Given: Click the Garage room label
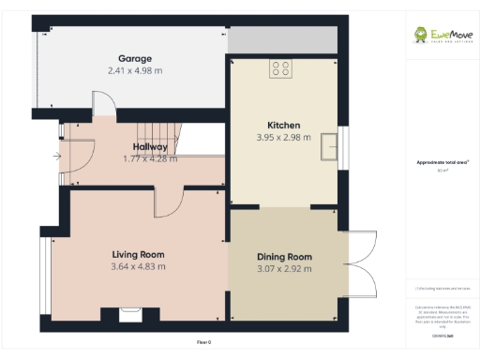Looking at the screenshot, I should coord(134,58).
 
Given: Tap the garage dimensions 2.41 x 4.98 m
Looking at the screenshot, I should coord(135,70).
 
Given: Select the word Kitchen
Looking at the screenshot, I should coord(283,125).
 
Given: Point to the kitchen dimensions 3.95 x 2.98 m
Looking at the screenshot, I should coord(283,137).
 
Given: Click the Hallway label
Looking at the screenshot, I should coord(150,147).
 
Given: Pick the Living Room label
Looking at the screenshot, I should coord(138,254).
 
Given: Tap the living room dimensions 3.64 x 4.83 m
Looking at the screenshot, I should coord(138,266).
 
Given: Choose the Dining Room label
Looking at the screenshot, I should coord(283,257).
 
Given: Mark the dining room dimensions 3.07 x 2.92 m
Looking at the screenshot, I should coord(283,269).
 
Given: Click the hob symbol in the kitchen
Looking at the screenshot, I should coord(280,67).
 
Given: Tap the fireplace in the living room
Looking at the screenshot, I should coord(127,315).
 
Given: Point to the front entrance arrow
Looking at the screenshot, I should coord(57,156).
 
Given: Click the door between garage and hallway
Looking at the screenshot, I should coord(104,109).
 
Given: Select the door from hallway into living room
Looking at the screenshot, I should coord(168,202).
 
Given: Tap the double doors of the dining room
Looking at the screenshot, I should coord(361,262).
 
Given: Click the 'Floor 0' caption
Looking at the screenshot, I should coord(204,341).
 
